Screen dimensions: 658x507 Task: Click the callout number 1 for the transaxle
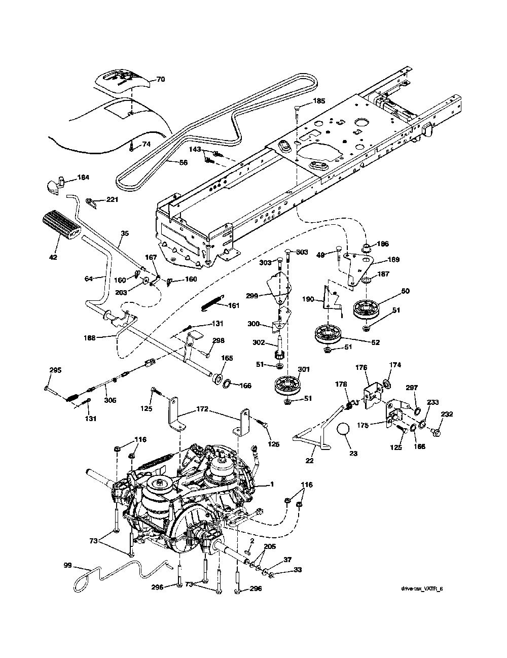[x=272, y=484]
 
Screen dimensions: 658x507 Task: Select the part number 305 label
[x=110, y=400]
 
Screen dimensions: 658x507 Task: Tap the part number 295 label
[x=55, y=370]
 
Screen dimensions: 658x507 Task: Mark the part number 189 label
[x=393, y=260]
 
